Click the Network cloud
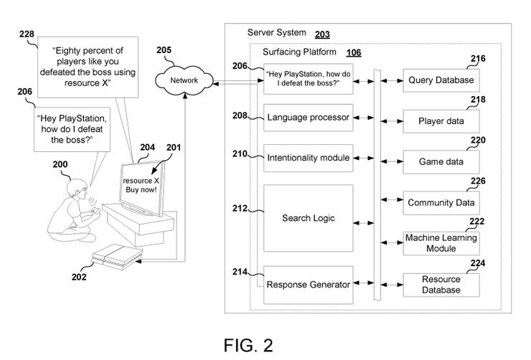(184, 80)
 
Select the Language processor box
(308, 118)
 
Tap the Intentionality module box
(308, 158)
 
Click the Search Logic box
(308, 218)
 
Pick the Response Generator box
(308, 285)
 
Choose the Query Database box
(441, 80)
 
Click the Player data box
(441, 121)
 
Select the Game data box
(441, 162)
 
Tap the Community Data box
(441, 203)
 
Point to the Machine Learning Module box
(441, 243)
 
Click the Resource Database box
(441, 285)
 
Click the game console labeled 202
(117, 257)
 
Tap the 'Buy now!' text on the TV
(141, 189)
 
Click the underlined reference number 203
(322, 34)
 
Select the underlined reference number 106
(354, 53)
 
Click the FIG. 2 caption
(248, 346)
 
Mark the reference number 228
(27, 34)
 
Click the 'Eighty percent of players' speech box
(88, 67)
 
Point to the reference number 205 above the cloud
(164, 50)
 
